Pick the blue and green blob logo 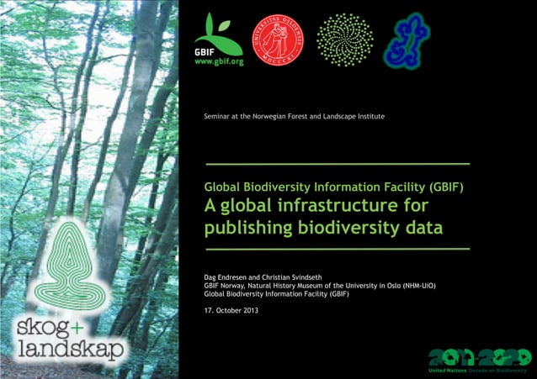tap(407, 39)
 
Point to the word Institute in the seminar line tap(367, 115)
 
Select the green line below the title tap(337, 249)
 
